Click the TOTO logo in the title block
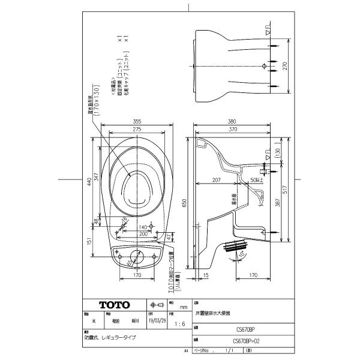(114, 304)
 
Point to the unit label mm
(175, 306)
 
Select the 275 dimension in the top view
(137, 129)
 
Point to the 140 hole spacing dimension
(143, 228)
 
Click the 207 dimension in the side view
(217, 180)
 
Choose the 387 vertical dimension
(277, 203)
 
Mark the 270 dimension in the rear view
(286, 66)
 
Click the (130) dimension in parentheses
(277, 154)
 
